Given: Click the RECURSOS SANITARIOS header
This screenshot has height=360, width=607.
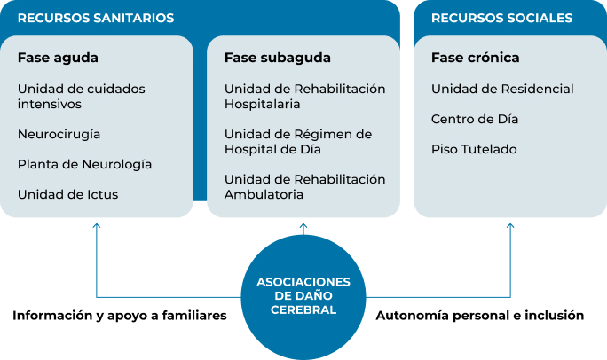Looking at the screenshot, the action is pyautogui.click(x=96, y=18).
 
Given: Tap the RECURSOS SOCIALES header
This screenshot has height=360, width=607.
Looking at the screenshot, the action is pyautogui.click(x=501, y=18).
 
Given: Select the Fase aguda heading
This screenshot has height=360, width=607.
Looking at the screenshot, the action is pyautogui.click(x=58, y=58).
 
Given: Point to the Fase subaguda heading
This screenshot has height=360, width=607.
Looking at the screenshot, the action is pyautogui.click(x=278, y=58).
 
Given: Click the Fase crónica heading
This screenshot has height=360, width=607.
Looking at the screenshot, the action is pyautogui.click(x=476, y=58).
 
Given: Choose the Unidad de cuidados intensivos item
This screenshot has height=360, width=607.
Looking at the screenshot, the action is pyautogui.click(x=82, y=97).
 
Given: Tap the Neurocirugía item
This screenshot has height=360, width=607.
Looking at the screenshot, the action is pyautogui.click(x=59, y=135).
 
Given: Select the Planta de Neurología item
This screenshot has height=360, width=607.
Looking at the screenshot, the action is pyautogui.click(x=85, y=165).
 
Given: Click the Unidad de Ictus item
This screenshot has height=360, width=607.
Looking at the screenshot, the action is pyautogui.click(x=67, y=194).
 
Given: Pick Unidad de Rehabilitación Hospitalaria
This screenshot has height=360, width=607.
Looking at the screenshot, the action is pyautogui.click(x=305, y=97).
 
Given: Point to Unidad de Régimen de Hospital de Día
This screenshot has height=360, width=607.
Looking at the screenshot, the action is pyautogui.click(x=298, y=142).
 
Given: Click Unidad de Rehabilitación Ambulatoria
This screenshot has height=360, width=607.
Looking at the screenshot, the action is pyautogui.click(x=305, y=187).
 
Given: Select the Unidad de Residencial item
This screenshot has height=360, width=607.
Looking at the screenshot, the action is pyautogui.click(x=502, y=89).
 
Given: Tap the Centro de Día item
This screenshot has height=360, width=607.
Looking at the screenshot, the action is pyautogui.click(x=475, y=119).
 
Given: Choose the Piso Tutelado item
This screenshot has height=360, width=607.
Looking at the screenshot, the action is pyautogui.click(x=474, y=149).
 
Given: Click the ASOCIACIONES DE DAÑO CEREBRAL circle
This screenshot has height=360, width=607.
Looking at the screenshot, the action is pyautogui.click(x=303, y=297).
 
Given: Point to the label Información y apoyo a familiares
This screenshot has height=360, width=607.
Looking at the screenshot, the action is pyautogui.click(x=120, y=316).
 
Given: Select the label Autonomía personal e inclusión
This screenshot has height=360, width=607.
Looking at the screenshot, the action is pyautogui.click(x=480, y=316).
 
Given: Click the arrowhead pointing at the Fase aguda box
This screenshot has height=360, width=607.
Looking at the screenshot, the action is pyautogui.click(x=97, y=225).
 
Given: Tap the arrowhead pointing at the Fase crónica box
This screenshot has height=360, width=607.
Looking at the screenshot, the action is pyautogui.click(x=510, y=225).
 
